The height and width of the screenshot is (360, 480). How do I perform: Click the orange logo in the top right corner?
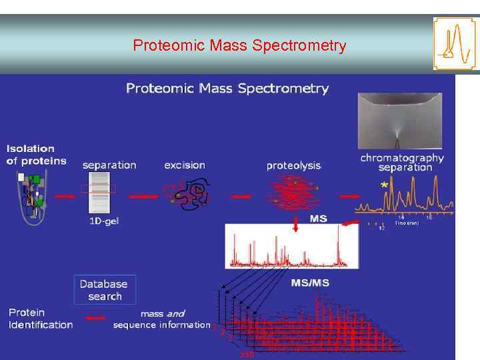pos(456,43)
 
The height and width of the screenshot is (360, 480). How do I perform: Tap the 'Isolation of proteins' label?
pos(37,155)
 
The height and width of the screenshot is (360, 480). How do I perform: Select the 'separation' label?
pos(109,165)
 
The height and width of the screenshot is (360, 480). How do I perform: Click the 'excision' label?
pos(185,165)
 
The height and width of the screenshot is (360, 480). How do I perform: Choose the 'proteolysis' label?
pos(293,165)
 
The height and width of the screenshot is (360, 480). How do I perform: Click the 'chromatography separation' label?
pos(402,163)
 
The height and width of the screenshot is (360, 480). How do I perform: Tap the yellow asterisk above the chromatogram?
pos(384,185)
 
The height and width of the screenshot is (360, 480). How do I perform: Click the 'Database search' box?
pos(105,290)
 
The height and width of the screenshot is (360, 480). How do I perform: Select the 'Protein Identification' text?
pos(41,319)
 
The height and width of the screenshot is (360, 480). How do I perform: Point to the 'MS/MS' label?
pos(310,283)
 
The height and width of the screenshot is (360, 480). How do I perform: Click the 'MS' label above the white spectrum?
pos(319,218)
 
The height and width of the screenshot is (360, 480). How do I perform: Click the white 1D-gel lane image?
pos(100,193)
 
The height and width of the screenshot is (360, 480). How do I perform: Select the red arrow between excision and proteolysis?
pos(240,196)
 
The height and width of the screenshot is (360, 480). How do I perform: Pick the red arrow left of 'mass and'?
pos(95,319)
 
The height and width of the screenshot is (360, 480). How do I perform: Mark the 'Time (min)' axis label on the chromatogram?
pos(406,223)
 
